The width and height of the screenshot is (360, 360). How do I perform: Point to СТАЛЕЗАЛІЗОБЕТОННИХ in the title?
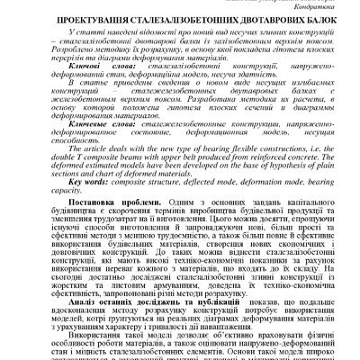[x=167, y=17]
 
